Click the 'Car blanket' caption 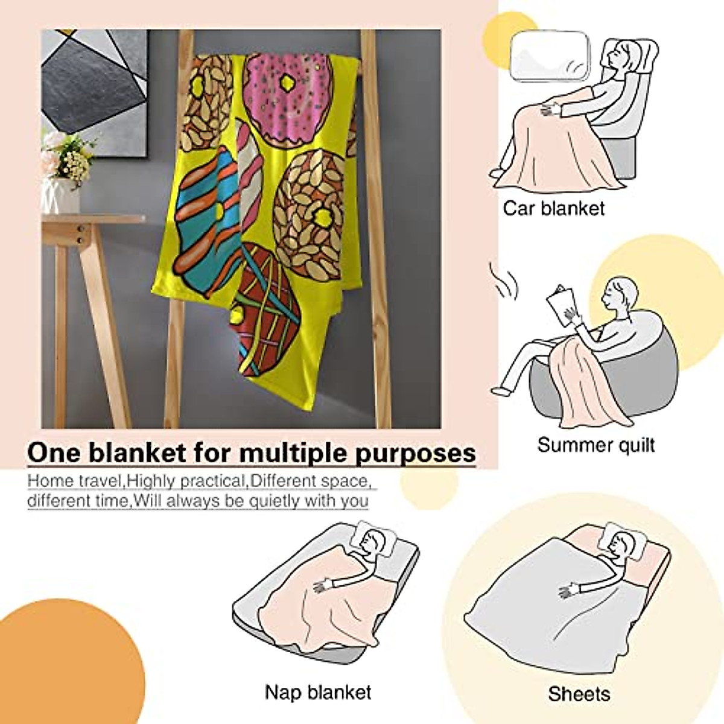point(553,209)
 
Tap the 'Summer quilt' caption point(595,445)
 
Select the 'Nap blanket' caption point(318,691)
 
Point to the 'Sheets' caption point(579,694)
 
